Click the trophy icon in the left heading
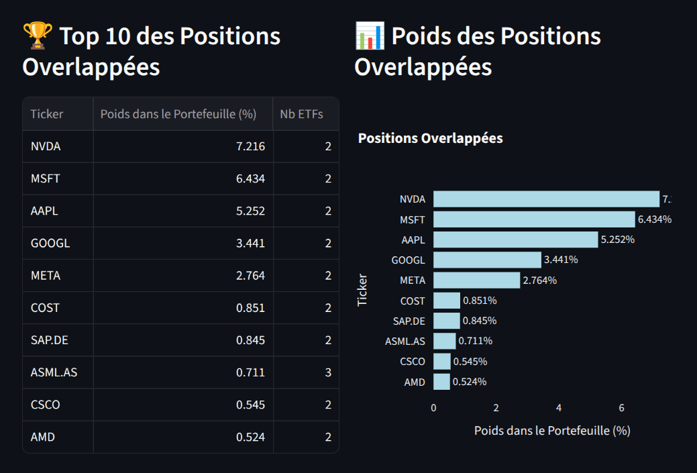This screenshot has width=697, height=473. coord(38,36)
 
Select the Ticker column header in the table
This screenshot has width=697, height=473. coord(47,114)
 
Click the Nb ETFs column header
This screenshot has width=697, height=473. coord(301,114)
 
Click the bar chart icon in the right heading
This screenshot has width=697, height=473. coord(370,36)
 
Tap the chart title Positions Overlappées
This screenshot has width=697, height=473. coord(430,138)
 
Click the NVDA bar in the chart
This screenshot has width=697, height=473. coord(546,199)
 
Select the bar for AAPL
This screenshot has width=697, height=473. coord(515,240)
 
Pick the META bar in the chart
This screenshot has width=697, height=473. coord(476,280)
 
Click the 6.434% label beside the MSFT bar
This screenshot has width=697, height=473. coord(655,219)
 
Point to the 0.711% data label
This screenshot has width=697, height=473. coord(476,341)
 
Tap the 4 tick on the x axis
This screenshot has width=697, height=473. coord(559,407)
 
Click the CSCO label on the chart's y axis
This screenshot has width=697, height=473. coord(413,362)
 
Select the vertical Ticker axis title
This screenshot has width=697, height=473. coord(362,290)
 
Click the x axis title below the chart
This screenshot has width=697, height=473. coord(552,430)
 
